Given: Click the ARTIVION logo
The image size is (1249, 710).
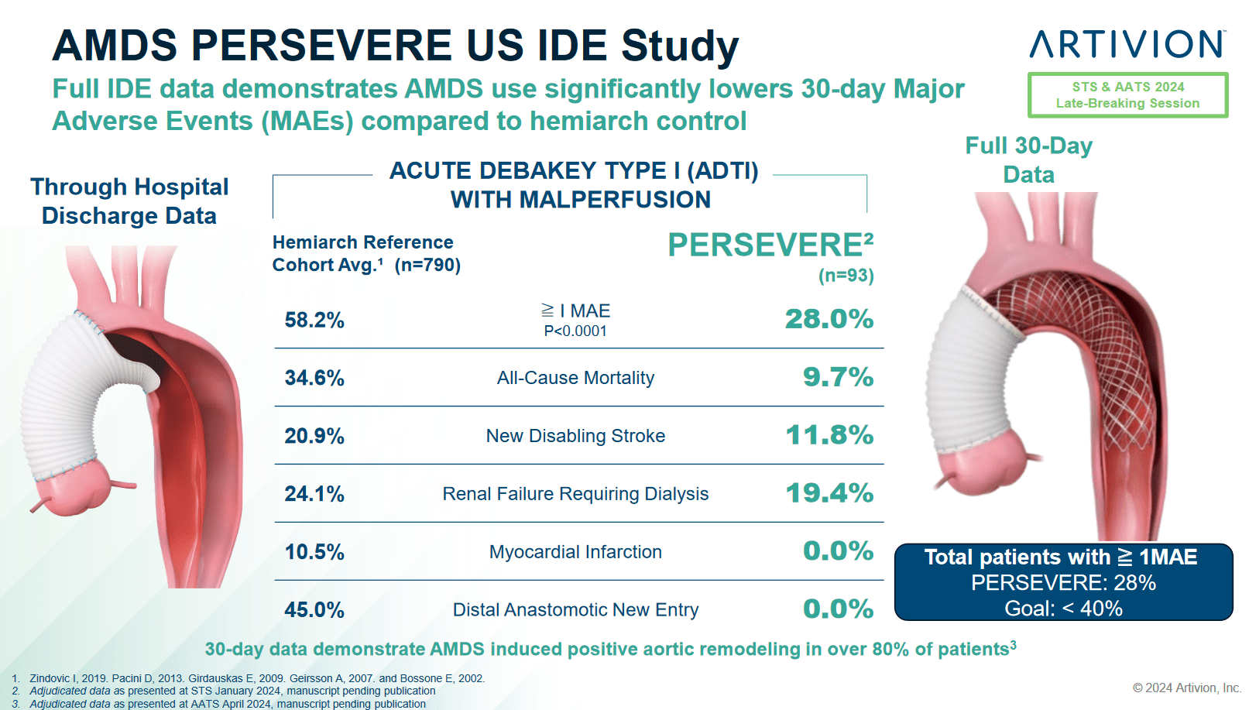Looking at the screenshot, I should pyautogui.click(x=1127, y=44).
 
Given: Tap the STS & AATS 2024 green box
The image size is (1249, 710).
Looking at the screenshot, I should pyautogui.click(x=1127, y=95).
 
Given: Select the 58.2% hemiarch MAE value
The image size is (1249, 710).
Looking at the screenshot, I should pyautogui.click(x=314, y=320).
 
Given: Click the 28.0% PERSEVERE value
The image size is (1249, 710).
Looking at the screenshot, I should pyautogui.click(x=829, y=319).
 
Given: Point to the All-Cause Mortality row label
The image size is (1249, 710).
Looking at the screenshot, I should pyautogui.click(x=575, y=378).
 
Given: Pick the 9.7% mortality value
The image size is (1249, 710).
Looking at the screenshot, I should pyautogui.click(x=838, y=377).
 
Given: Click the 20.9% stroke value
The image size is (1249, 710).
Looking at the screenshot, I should pyautogui.click(x=314, y=436).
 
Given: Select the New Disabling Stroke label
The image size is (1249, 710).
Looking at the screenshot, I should pyautogui.click(x=575, y=436).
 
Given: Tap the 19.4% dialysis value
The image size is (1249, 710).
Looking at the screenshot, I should pyautogui.click(x=829, y=493).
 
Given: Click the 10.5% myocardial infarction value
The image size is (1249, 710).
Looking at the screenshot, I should pyautogui.click(x=314, y=552).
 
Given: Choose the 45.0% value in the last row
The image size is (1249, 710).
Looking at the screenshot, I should pyautogui.click(x=314, y=610).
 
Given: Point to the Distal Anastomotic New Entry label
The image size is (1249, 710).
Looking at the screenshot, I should pyautogui.click(x=575, y=610).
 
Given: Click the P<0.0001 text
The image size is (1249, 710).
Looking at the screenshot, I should pyautogui.click(x=575, y=331).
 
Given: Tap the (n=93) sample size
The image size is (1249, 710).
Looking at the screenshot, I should pyautogui.click(x=846, y=276).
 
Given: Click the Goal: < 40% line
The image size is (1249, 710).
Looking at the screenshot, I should pyautogui.click(x=1063, y=609).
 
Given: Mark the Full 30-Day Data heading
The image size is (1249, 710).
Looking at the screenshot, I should pyautogui.click(x=1028, y=159).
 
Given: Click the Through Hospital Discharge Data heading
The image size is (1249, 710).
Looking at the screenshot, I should pyautogui.click(x=129, y=201).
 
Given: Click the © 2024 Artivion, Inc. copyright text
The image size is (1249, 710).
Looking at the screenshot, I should pyautogui.click(x=1186, y=688).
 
